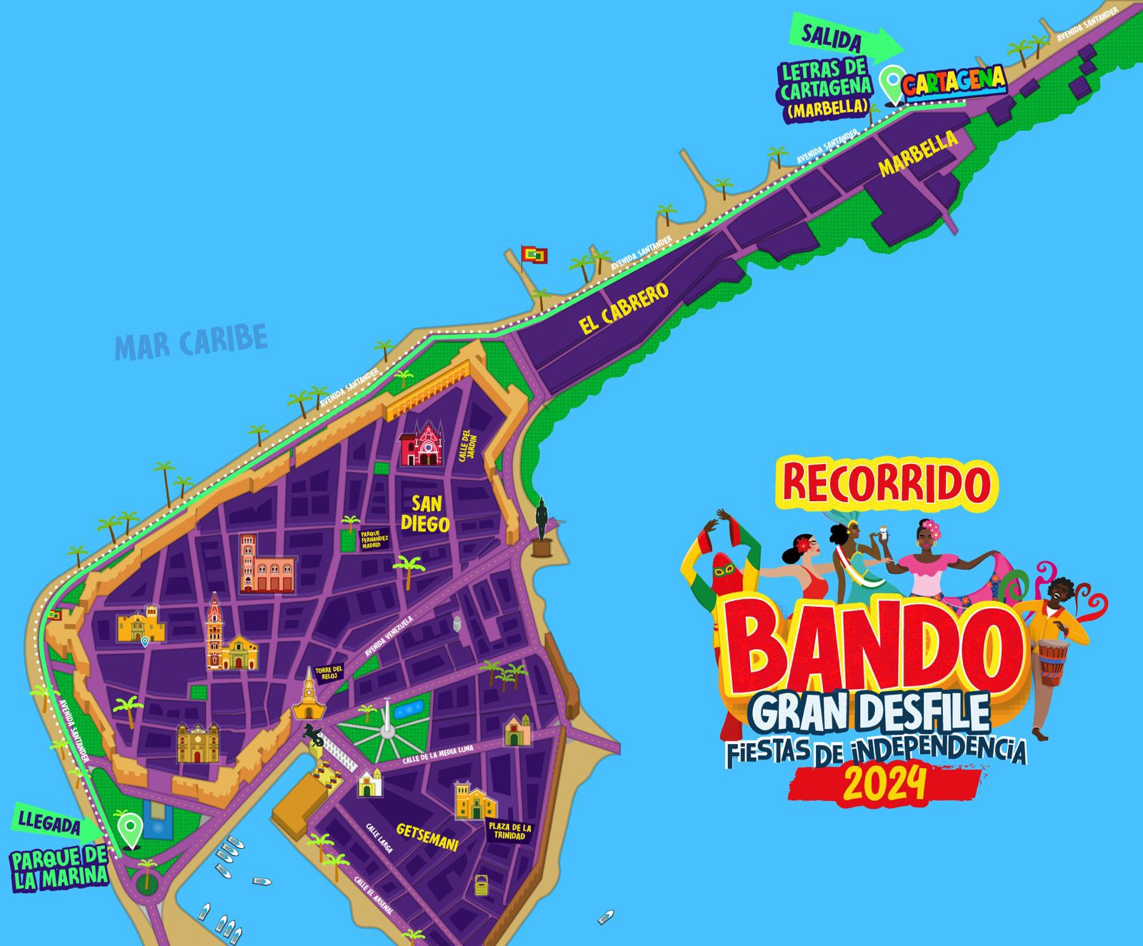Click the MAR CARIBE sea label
191,341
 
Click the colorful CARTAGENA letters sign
954,81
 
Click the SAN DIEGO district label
425,513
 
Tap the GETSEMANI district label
426,837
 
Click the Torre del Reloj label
332,674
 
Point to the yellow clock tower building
308,696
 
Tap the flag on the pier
533,254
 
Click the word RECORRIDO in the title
887,483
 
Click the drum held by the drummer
1052,661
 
